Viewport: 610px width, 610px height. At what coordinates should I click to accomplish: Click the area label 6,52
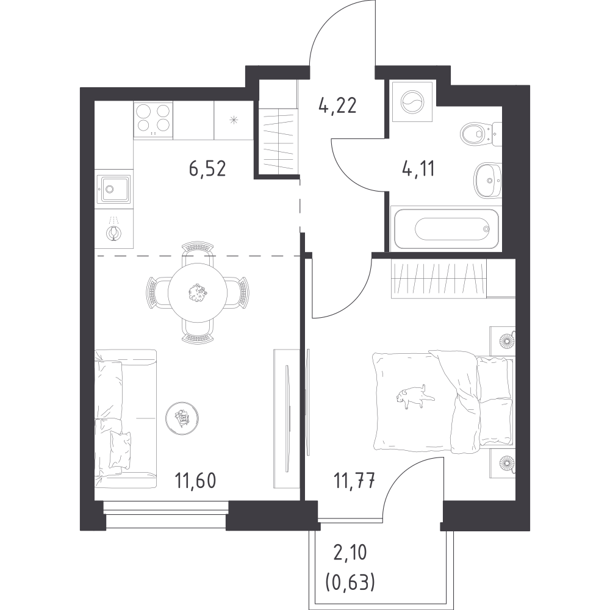207,168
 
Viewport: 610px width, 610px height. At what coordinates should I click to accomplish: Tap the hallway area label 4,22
337,107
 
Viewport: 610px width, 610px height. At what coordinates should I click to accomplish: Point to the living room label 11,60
196,476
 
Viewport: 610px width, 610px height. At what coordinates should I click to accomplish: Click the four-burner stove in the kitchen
153,118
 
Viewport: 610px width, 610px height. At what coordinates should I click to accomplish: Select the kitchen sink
114,188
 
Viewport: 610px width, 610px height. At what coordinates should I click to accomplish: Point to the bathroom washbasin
487,178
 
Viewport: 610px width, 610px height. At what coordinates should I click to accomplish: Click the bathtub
450,229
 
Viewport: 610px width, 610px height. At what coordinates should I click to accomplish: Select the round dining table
198,293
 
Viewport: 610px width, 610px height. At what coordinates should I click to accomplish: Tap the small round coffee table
181,418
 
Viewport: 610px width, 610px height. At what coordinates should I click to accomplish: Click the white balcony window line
351,520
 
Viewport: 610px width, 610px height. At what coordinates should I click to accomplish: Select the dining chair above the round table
198,251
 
